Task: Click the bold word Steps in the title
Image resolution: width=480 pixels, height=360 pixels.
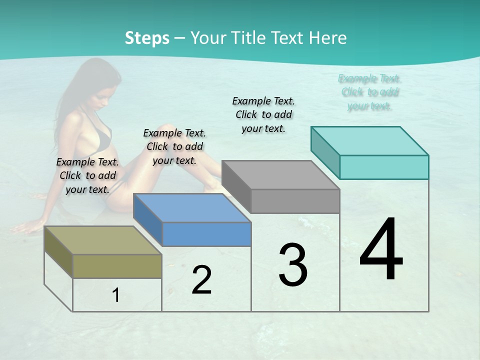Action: pyautogui.click(x=147, y=38)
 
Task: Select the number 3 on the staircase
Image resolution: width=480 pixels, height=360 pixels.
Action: pyautogui.click(x=292, y=265)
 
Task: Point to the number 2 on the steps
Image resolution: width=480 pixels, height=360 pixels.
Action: pyautogui.click(x=201, y=280)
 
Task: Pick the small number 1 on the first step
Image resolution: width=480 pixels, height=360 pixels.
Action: pyautogui.click(x=115, y=295)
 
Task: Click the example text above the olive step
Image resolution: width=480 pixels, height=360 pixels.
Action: pyautogui.click(x=87, y=175)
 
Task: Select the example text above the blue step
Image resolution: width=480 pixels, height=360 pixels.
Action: pyautogui.click(x=174, y=146)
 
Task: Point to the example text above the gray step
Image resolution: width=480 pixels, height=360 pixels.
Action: pyautogui.click(x=263, y=114)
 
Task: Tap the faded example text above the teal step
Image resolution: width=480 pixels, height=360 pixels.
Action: pyautogui.click(x=369, y=92)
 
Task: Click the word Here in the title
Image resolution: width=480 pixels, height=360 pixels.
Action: pyautogui.click(x=329, y=38)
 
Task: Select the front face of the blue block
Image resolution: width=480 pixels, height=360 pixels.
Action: pyautogui.click(x=206, y=234)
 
